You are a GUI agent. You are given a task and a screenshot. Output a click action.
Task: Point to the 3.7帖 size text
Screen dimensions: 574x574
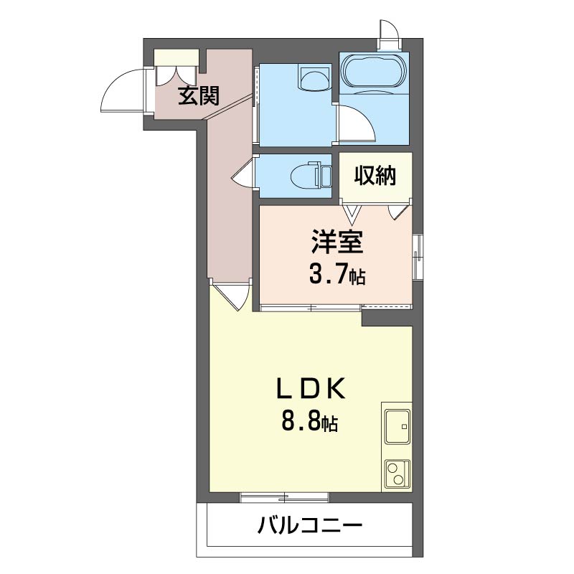tap(337, 273)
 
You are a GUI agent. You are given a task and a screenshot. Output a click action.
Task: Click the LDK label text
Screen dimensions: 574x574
tap(311, 390)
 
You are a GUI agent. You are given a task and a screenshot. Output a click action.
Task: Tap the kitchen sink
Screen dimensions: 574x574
tap(396, 428)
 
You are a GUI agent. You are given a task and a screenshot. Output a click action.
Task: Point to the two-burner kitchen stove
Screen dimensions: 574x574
tap(395, 474)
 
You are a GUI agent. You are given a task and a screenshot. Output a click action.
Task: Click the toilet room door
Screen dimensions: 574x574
tap(244, 174)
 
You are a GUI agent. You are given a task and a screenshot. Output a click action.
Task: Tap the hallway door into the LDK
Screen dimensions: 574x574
tap(232, 295)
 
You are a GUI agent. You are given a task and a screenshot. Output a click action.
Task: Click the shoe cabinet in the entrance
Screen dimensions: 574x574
tap(177, 57)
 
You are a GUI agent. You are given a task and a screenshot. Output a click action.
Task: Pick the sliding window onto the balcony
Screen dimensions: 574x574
tap(285, 497)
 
